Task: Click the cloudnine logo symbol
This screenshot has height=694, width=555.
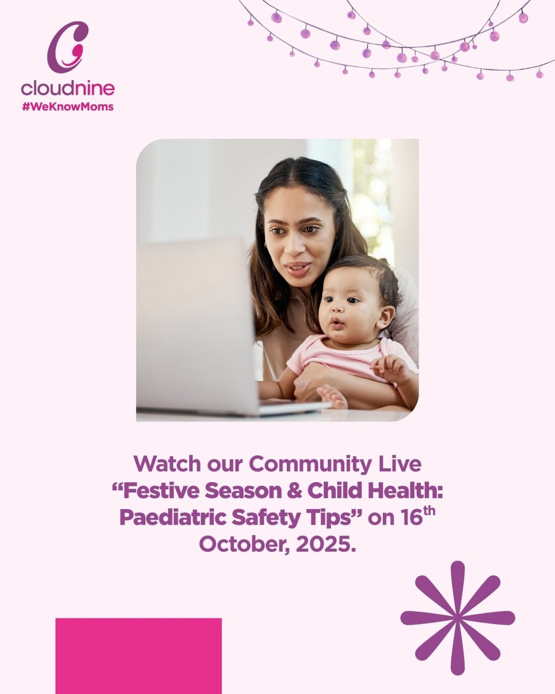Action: pos(67,47)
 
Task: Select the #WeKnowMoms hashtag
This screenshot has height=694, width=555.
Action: pos(68,107)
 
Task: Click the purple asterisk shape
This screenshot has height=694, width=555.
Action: pos(457,618)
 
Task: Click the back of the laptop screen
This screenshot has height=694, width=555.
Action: pos(194,324)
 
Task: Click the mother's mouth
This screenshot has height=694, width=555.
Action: pos(298,268)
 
